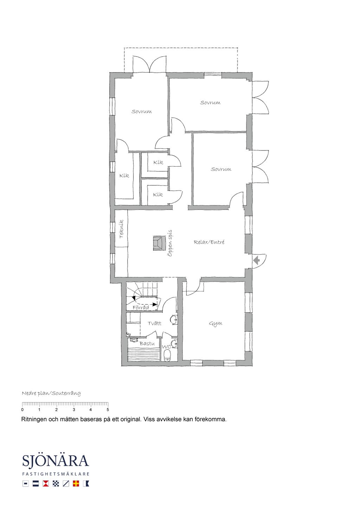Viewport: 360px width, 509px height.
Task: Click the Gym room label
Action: pyautogui.click(x=216, y=324)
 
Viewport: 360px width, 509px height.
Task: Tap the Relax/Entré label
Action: pyautogui.click(x=209, y=242)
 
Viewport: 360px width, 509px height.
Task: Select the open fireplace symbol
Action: pyautogui.click(x=159, y=243)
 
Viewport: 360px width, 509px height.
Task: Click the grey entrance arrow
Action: pyautogui.click(x=257, y=260)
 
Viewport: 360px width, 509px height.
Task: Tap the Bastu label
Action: pyautogui.click(x=147, y=343)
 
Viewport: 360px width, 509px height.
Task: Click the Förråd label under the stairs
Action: pyautogui.click(x=141, y=308)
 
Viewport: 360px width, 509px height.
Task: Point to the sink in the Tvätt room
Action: pyautogui.click(x=174, y=320)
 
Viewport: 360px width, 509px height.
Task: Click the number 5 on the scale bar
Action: pyautogui.click(x=108, y=410)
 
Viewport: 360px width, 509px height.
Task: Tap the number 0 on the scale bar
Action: pyautogui.click(x=22, y=410)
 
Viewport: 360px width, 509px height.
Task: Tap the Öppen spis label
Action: pyautogui.click(x=170, y=243)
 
